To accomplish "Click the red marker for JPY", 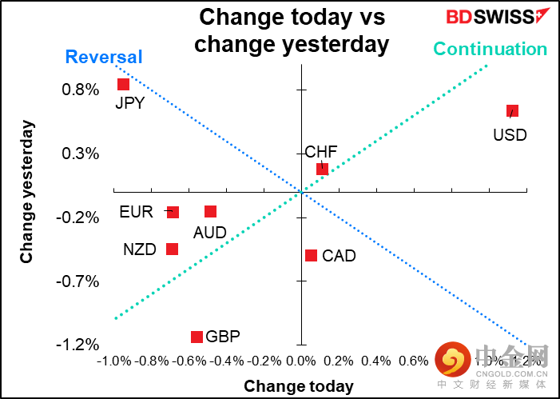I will (123, 84).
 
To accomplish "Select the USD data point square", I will (512, 110).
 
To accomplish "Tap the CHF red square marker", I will (322, 169).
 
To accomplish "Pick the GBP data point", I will (197, 337).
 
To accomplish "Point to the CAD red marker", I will (311, 255).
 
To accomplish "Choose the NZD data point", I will (172, 249).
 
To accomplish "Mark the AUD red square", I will (210, 211).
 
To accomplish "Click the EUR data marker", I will (173, 212).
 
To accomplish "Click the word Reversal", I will (104, 57).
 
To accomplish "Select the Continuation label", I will (490, 49).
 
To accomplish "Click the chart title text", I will (292, 30).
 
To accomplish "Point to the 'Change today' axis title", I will (299, 386).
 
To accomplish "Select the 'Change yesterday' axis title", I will (27, 192).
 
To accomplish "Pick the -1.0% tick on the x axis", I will (114, 361).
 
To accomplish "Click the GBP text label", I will (224, 337).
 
